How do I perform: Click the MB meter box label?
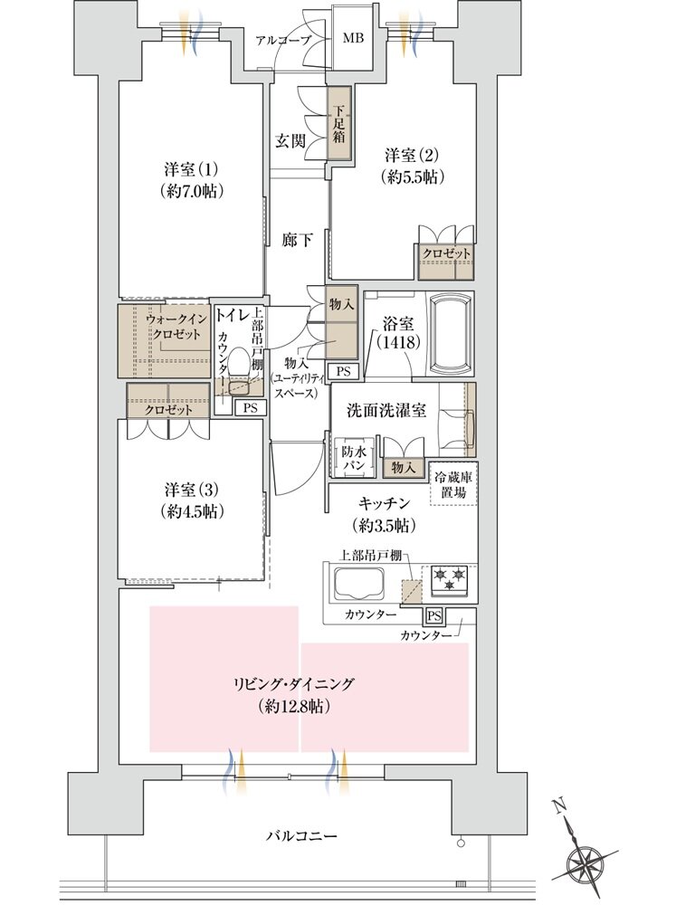pyautogui.click(x=353, y=40)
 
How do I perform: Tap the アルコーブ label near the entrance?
pyautogui.click(x=283, y=40)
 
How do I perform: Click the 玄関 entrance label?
pyautogui.click(x=290, y=141)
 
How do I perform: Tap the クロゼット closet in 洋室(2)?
pyautogui.click(x=446, y=254)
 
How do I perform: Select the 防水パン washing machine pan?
pyautogui.click(x=351, y=457)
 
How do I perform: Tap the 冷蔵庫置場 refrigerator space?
pyautogui.click(x=453, y=484)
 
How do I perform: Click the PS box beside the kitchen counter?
pyautogui.click(x=434, y=616)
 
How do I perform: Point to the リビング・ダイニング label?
pyautogui.click(x=292, y=684)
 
